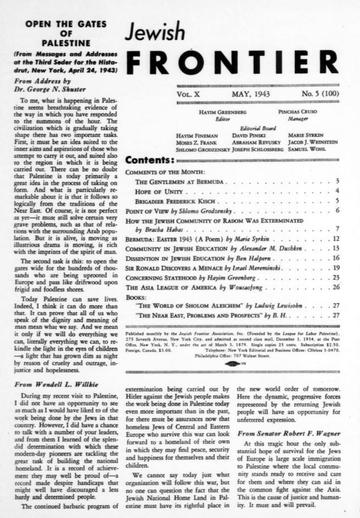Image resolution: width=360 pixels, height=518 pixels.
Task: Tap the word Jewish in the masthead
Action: tap(155, 33)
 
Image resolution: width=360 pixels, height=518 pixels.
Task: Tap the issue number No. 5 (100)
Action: tap(320, 94)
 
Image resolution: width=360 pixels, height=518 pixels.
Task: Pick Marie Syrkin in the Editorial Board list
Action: tap(304, 135)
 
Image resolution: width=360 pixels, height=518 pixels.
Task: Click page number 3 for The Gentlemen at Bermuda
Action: tap(337, 182)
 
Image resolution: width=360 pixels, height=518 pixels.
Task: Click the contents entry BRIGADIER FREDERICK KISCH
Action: tap(177, 201)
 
